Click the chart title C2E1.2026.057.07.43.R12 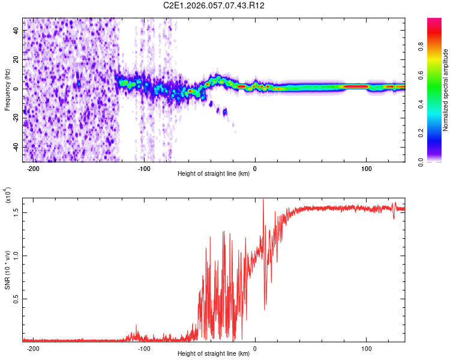(214, 5)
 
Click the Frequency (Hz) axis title (7, 90)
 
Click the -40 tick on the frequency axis (14, 147)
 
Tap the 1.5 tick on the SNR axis (16, 212)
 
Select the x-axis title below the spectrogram (213, 174)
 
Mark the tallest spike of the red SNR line (263, 200)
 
